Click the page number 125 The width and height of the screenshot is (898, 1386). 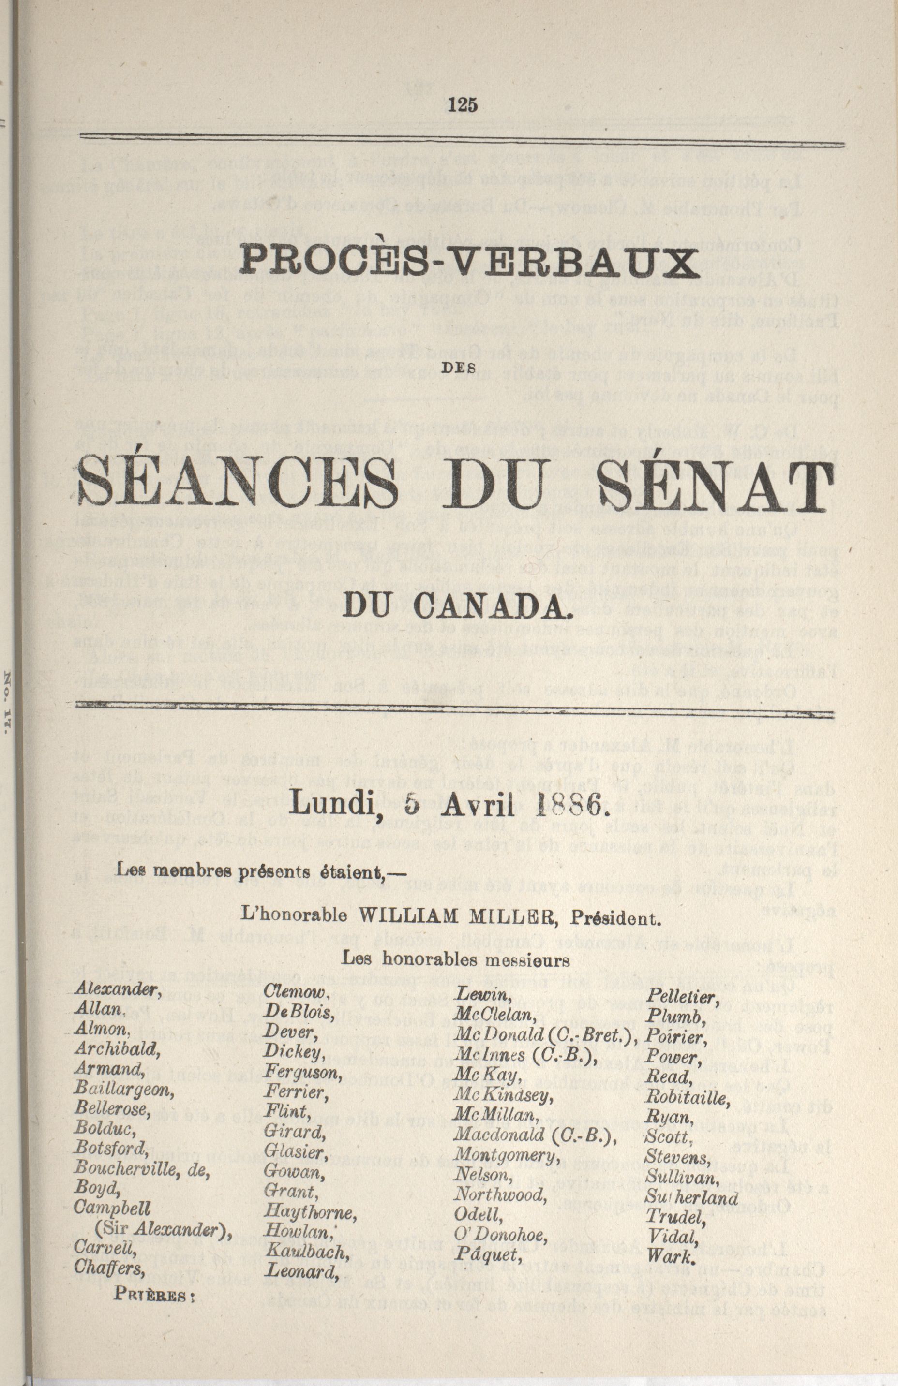[464, 105]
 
